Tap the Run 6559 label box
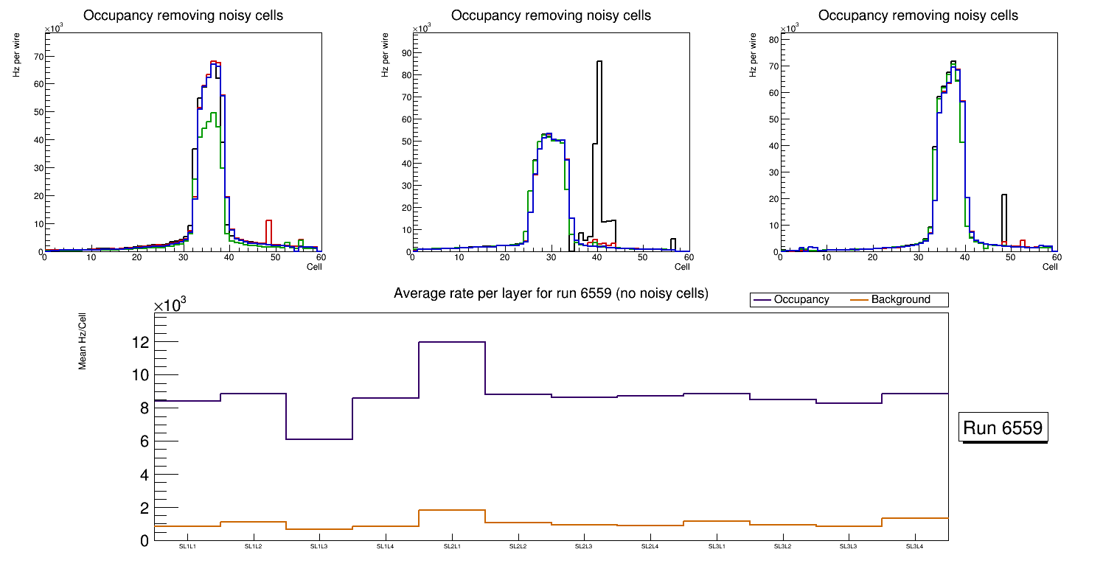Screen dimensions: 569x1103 point(1003,428)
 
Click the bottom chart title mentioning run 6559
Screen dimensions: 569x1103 point(551,293)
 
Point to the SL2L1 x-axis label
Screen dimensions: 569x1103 point(452,547)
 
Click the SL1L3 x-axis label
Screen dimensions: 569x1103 point(319,547)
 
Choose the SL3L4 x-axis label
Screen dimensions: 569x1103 point(914,547)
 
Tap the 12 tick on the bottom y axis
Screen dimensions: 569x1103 point(140,343)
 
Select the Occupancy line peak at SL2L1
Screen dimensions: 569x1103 point(452,342)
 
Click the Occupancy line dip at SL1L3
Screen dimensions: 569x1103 point(319,439)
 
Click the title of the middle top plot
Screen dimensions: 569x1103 point(551,15)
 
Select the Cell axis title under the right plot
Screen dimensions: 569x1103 point(1050,267)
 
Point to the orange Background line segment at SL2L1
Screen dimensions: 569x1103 point(452,510)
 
